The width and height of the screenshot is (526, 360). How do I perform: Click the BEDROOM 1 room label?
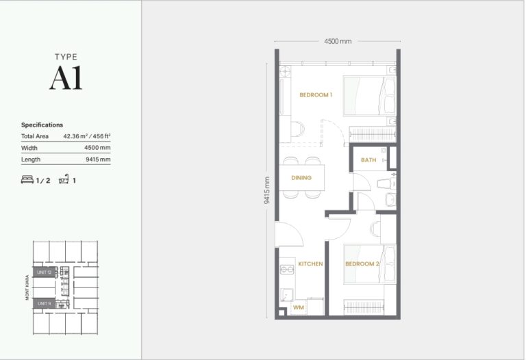[316, 95]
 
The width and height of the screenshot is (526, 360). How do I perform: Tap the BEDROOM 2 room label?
[362, 263]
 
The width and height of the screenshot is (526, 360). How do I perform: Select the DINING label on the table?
[301, 178]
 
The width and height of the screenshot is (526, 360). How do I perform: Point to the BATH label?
[368, 160]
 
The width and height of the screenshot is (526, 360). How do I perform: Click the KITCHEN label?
[310, 263]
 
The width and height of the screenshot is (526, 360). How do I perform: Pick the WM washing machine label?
[298, 308]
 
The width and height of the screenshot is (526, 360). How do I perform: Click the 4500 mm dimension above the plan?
[338, 41]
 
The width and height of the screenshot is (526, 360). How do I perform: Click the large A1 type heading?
[66, 79]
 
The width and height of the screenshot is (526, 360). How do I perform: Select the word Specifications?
[42, 125]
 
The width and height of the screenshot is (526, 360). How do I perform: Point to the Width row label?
[29, 148]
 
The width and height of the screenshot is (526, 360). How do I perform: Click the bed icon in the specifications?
[27, 180]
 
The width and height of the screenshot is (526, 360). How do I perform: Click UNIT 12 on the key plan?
[45, 272]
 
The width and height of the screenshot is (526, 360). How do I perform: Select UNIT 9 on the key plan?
[45, 303]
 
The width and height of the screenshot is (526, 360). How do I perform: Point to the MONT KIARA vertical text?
[27, 287]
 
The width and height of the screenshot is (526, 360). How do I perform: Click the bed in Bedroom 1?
[369, 96]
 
